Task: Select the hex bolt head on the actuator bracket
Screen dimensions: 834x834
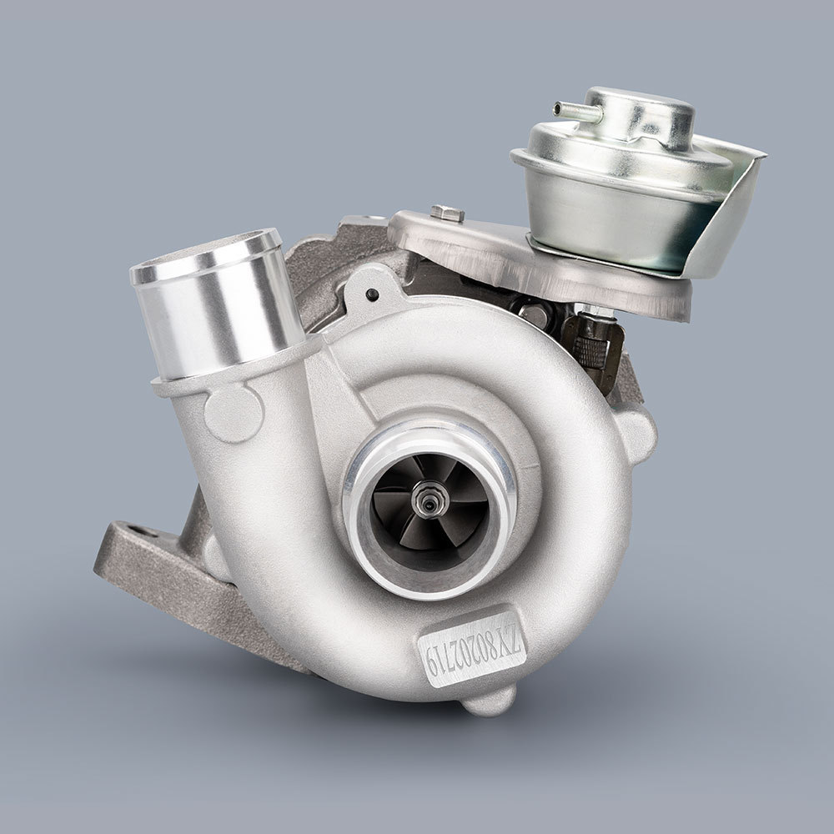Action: point(448,214)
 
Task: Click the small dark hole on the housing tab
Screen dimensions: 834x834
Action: point(372,294)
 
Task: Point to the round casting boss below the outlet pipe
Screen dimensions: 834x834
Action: point(234,413)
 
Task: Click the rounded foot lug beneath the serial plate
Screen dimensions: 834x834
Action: point(490,700)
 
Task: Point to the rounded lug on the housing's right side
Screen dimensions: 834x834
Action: point(637,433)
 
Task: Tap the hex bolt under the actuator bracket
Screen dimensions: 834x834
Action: point(534,315)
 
